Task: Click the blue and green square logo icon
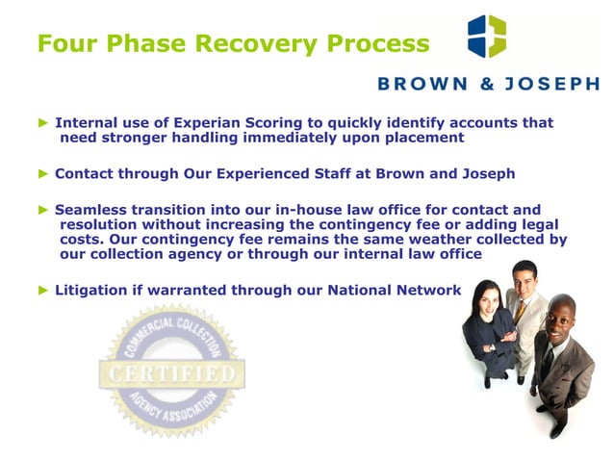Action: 486,36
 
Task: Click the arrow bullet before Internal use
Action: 42,123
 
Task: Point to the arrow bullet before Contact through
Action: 42,174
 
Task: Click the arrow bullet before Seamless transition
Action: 42,210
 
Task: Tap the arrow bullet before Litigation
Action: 42,290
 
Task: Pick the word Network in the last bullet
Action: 425,290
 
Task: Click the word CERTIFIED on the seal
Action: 171,371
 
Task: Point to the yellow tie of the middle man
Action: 521,310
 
